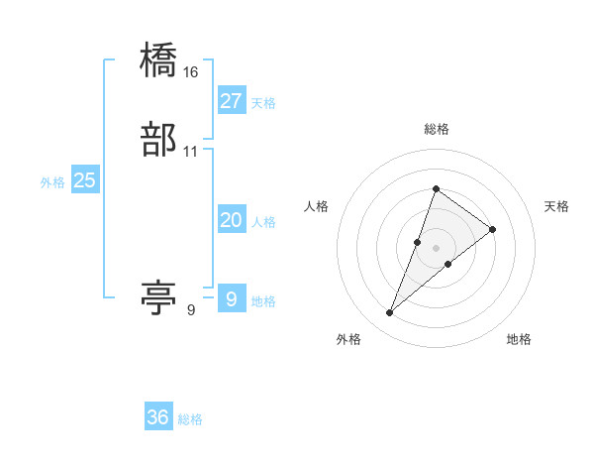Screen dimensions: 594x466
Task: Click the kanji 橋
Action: coord(159,62)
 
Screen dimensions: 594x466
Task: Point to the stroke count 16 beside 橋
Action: coord(191,72)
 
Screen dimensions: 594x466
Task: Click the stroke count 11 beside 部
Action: coord(191,152)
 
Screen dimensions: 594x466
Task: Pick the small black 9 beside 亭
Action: coord(191,309)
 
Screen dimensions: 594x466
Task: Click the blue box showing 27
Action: coord(231,101)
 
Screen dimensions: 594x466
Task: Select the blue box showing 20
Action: coord(231,220)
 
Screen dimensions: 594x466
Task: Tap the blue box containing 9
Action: coord(231,298)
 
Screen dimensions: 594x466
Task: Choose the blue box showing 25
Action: coord(85,180)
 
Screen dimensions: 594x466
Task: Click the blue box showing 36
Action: coord(158,417)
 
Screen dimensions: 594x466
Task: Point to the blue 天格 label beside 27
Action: coord(263,103)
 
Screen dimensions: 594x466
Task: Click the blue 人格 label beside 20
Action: coord(263,222)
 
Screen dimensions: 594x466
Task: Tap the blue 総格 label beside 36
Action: coord(190,419)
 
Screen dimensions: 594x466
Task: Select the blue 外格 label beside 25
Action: coord(52,182)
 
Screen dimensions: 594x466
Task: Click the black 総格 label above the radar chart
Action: coord(436,129)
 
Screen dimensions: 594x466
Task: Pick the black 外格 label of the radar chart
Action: coord(348,339)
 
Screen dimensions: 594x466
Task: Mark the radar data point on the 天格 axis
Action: coord(493,229)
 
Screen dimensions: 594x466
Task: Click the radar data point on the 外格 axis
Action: coord(390,313)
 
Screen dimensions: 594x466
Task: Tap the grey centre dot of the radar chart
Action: coord(436,248)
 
